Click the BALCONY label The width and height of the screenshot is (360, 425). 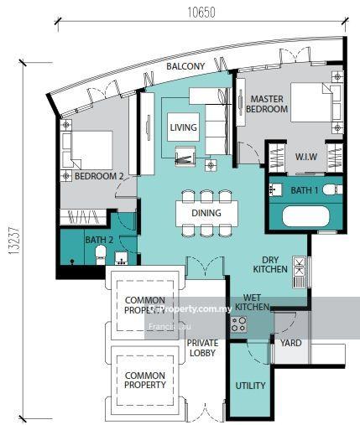click(185, 66)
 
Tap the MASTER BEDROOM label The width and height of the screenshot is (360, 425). click(269, 104)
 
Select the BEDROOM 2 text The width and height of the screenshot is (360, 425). click(99, 176)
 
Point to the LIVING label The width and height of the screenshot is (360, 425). click(183, 128)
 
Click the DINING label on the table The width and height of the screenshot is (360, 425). click(206, 213)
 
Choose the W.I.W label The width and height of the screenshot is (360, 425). click(305, 157)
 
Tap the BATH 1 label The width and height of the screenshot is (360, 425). click(305, 190)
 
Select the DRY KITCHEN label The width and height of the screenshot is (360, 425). click(270, 263)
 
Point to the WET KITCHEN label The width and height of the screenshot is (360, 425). click(252, 303)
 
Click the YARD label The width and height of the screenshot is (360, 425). click(291, 343)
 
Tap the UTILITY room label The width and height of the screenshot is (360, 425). click(250, 386)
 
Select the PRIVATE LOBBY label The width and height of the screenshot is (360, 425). click(202, 348)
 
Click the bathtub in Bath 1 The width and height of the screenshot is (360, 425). click(310, 217)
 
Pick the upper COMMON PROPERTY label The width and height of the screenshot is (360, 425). click(145, 305)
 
